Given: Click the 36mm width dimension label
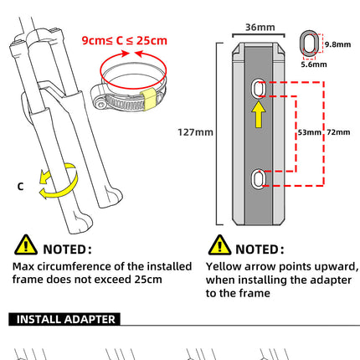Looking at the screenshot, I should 257,26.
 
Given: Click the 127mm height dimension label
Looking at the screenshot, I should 195,131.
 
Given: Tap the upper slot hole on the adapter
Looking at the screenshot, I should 258,87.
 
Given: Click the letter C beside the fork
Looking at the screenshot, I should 20,187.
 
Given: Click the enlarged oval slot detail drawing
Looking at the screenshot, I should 308,45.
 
